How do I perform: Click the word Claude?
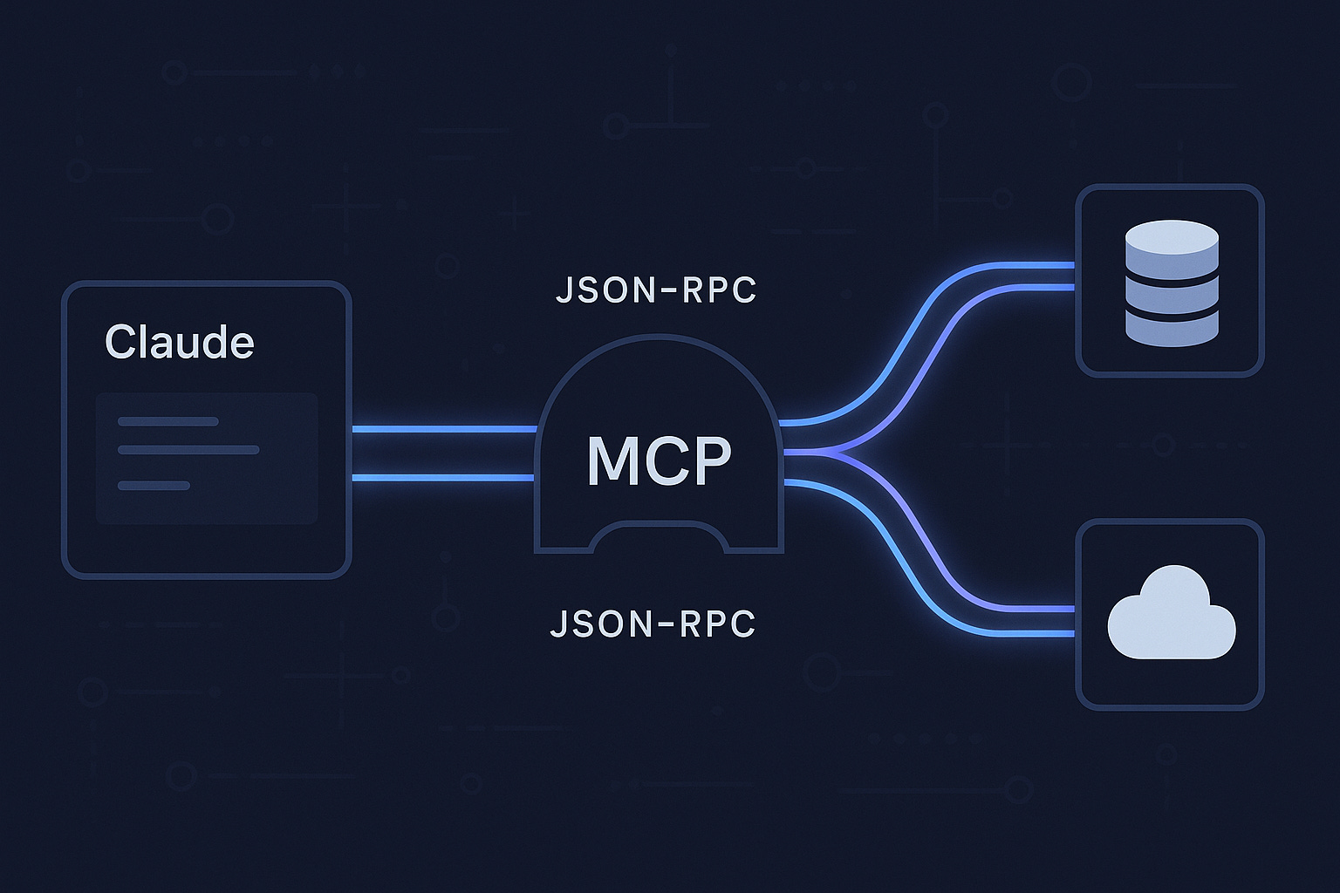click(x=179, y=342)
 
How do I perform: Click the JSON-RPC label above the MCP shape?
click(x=656, y=290)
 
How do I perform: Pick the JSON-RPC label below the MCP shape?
click(x=653, y=624)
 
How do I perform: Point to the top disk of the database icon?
click(x=1171, y=237)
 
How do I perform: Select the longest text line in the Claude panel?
click(x=188, y=450)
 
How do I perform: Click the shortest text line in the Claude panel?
click(x=154, y=485)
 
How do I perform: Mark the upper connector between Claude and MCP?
click(x=443, y=429)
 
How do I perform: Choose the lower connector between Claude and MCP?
click(x=443, y=477)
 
